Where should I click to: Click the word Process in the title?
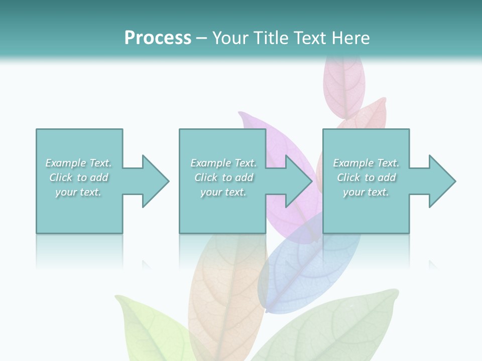[158, 38]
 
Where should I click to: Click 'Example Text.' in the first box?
[78, 163]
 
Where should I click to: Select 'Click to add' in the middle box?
[223, 177]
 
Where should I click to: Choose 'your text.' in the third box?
[366, 192]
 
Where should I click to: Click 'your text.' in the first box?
[78, 192]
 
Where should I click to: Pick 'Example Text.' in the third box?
[366, 163]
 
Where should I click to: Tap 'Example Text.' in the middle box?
[223, 163]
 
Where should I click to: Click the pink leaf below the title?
[343, 85]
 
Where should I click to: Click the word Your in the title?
[231, 38]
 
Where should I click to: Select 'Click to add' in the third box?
[366, 177]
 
